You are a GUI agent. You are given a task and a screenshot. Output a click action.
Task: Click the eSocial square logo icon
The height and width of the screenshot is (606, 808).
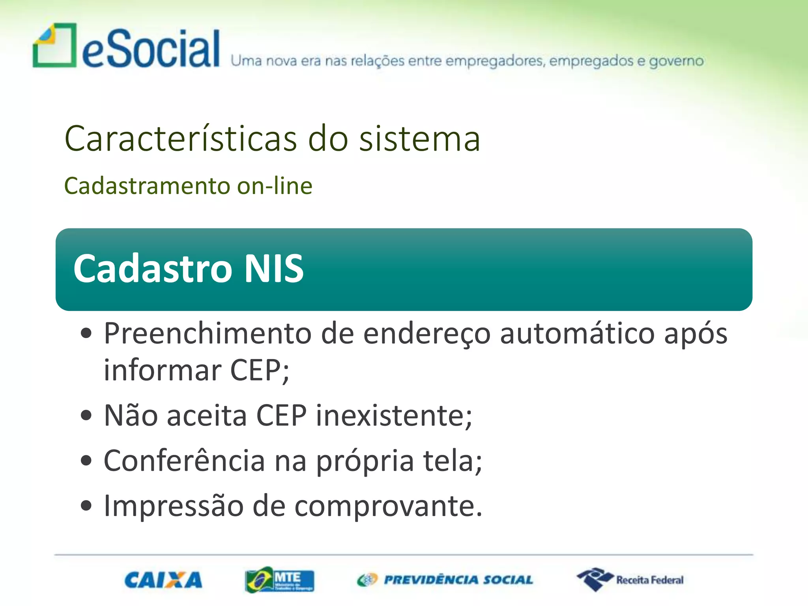click(x=54, y=45)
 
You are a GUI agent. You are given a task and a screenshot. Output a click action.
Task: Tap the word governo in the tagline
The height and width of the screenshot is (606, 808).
click(x=676, y=61)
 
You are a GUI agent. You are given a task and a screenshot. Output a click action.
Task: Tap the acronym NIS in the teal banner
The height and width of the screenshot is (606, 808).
click(x=274, y=269)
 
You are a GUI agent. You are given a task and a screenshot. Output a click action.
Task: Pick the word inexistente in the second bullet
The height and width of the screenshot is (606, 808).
click(x=394, y=416)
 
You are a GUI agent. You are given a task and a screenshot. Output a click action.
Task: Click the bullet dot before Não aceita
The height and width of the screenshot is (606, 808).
click(x=86, y=416)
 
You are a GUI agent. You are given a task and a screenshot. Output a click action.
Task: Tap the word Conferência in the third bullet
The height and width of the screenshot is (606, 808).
click(x=184, y=460)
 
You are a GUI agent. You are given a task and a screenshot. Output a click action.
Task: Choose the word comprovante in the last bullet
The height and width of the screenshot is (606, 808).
click(x=388, y=507)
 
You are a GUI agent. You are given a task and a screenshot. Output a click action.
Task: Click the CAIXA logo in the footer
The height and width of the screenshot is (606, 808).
click(x=163, y=580)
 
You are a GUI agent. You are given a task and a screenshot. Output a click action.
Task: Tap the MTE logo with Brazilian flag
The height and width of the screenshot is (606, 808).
click(x=279, y=580)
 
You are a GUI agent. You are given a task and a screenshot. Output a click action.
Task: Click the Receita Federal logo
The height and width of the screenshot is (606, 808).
click(x=630, y=580)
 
